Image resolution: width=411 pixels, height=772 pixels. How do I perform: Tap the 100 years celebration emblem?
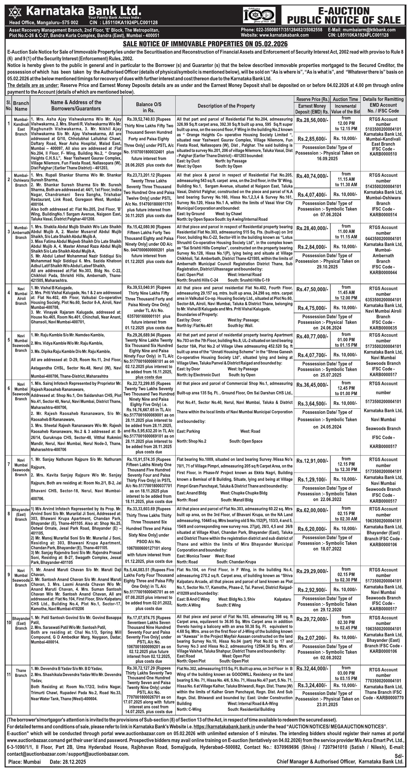259,16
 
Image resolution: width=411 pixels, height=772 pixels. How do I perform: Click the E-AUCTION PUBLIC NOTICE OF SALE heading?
344,16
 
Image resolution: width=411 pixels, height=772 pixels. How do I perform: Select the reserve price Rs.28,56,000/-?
312,120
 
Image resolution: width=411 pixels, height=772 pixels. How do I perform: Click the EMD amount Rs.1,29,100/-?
312,479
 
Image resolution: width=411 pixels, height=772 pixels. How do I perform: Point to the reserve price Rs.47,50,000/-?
312,289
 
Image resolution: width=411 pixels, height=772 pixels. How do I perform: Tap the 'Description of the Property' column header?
226,106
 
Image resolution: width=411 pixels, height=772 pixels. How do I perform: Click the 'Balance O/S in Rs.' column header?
149,107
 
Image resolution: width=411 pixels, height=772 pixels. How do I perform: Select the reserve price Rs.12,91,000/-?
312,461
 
